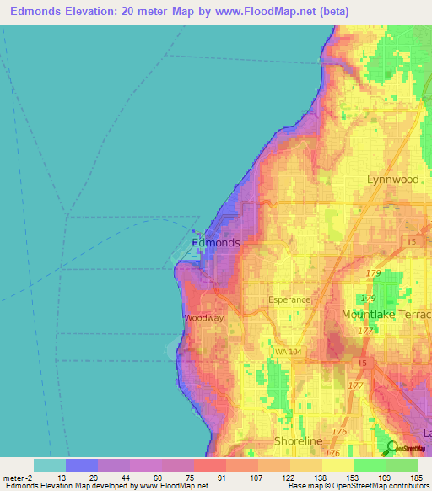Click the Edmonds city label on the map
[216, 243]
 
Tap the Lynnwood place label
[393, 180]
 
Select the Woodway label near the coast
[204, 318]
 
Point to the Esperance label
[289, 299]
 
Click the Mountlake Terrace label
[386, 315]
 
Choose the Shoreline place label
[299, 441]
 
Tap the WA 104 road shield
[288, 352]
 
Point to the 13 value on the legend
[61, 477]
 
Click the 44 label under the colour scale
[125, 477]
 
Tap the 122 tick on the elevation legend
[286, 477]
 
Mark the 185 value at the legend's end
[414, 477]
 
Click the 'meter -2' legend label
[16, 477]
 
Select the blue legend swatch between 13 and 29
[81, 465]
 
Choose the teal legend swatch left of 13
[49, 465]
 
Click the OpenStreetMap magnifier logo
[390, 449]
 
